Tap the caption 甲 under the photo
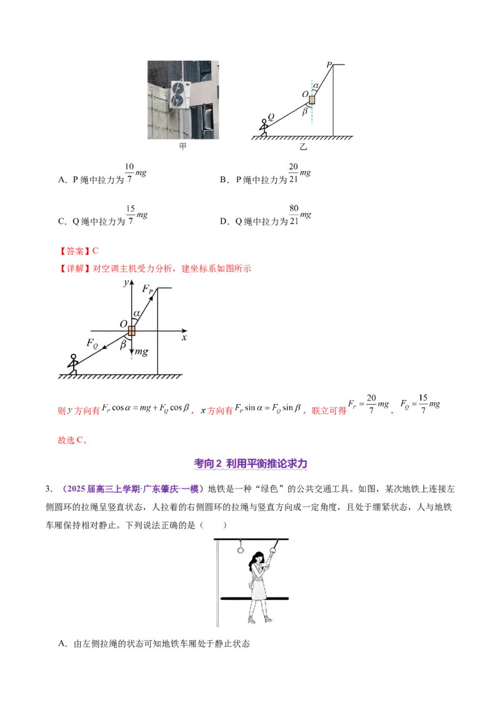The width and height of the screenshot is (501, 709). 183,147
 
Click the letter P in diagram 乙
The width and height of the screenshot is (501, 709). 328,65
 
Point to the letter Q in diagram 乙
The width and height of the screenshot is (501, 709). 271,116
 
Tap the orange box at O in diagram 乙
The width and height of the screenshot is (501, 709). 312,100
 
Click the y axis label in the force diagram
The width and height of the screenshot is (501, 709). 126,283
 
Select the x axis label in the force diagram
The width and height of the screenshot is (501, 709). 184,337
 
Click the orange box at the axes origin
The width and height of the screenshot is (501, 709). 132,330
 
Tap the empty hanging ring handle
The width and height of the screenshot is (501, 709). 239,550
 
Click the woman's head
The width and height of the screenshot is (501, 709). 257,558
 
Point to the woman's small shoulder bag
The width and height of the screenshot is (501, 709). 253,587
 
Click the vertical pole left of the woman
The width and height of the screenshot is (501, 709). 217,582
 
